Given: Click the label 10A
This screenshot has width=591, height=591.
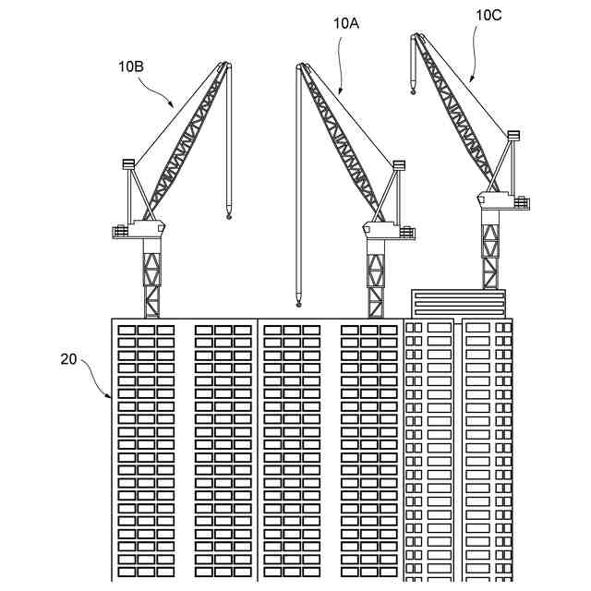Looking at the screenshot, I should tap(345, 24).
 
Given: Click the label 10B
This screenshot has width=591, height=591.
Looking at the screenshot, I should tap(130, 66).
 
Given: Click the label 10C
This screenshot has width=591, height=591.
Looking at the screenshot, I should tap(489, 15).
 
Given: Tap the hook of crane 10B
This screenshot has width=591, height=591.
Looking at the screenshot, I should tap(227, 215).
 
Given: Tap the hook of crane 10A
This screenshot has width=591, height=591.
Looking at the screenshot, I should tap(298, 301).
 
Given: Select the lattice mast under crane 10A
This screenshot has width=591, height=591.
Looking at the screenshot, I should tap(376, 277).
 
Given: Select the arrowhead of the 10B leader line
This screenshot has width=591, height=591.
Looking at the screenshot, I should tap(175, 104).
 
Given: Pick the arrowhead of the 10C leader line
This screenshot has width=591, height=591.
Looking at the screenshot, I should tap(470, 83).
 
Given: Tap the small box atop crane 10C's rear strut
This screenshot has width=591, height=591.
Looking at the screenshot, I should tap(513, 136).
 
